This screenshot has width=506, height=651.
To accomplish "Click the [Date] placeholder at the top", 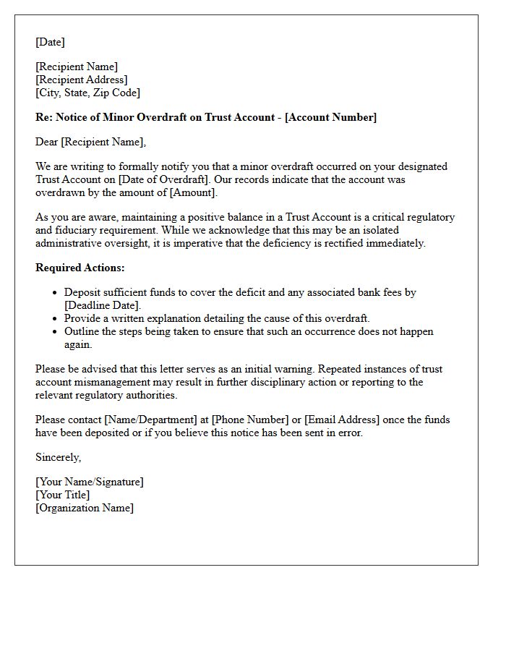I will pyautogui.click(x=50, y=42).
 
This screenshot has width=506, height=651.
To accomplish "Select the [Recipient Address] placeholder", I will pyautogui.click(x=82, y=80).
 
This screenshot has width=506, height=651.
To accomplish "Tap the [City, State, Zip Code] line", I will pyautogui.click(x=87, y=93).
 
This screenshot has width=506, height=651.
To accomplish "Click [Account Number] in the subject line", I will pyautogui.click(x=330, y=117).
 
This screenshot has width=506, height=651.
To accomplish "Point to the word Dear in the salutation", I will pyautogui.click(x=46, y=142).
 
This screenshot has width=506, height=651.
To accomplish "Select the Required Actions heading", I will pyautogui.click(x=80, y=268).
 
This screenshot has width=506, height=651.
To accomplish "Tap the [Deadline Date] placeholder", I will pyautogui.click(x=102, y=305).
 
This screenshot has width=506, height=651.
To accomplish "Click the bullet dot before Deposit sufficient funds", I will pyautogui.click(x=55, y=293).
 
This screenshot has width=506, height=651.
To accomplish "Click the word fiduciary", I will pyautogui.click(x=78, y=230).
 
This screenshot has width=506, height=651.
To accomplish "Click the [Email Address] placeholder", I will pyautogui.click(x=341, y=420).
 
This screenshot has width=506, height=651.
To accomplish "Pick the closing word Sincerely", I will pyautogui.click(x=58, y=457).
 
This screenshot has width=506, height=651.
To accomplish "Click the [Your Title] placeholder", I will pyautogui.click(x=63, y=495).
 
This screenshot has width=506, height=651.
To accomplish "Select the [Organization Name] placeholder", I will pyautogui.click(x=85, y=508).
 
